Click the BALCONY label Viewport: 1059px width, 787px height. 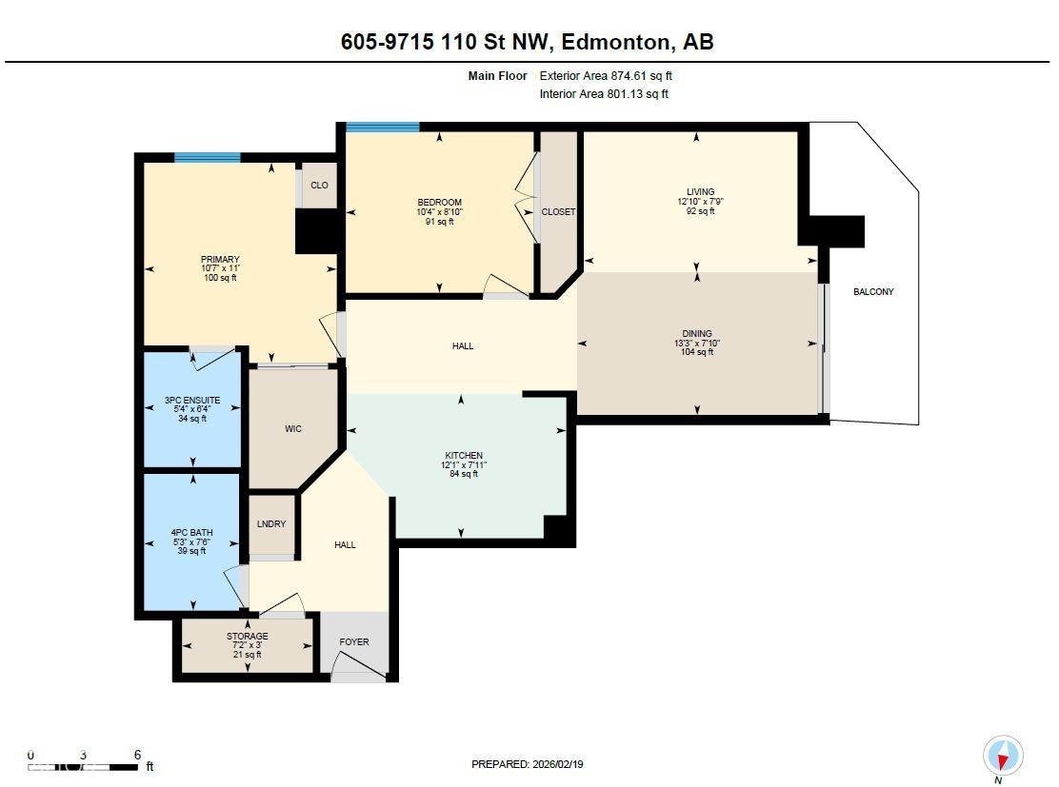[x=873, y=292]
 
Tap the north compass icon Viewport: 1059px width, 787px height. [x=1002, y=757]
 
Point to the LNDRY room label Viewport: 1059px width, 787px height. [x=271, y=524]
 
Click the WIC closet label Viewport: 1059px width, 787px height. [x=293, y=429]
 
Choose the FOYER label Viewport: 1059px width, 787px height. [x=354, y=642]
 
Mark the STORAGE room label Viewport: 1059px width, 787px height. [x=247, y=637]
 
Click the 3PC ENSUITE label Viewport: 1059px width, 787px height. [x=192, y=401]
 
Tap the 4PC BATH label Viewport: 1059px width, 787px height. [x=192, y=533]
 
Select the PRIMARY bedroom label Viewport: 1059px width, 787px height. [x=220, y=260]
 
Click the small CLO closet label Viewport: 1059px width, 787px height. [x=319, y=186]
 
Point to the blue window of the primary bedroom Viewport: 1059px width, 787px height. [x=207, y=158]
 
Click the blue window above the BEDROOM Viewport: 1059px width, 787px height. [x=382, y=127]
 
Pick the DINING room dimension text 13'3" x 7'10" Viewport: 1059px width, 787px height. [x=697, y=344]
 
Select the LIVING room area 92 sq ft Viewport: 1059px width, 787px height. [x=700, y=211]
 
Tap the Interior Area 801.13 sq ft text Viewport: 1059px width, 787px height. [x=604, y=94]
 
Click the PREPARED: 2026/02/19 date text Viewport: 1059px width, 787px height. [x=529, y=764]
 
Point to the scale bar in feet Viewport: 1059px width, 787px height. [x=86, y=765]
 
